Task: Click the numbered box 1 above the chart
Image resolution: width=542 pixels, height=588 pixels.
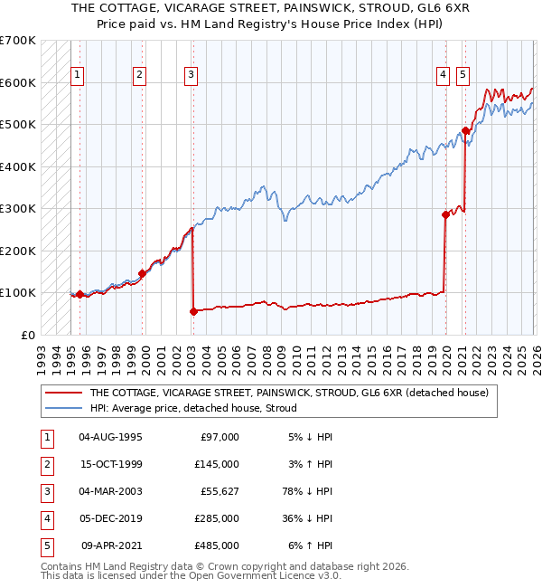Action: tap(78, 76)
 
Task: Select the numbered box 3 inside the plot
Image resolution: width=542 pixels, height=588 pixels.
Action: tap(192, 76)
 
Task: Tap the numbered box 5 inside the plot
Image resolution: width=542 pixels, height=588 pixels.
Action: tap(463, 76)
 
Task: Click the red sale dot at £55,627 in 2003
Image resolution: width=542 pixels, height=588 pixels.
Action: tap(193, 311)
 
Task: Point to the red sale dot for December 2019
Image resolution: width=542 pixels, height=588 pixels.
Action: tap(445, 214)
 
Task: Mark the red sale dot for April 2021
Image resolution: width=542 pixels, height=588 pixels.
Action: tap(465, 130)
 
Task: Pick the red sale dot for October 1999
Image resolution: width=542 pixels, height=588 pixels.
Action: tap(143, 273)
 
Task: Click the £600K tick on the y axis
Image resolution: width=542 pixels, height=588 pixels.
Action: tap(18, 82)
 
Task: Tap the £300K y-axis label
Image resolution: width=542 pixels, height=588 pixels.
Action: tap(18, 208)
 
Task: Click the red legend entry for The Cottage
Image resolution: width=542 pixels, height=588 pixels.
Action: tap(289, 393)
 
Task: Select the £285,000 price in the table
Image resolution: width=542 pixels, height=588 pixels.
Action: tap(217, 518)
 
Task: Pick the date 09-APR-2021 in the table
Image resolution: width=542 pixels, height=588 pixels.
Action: tap(112, 545)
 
